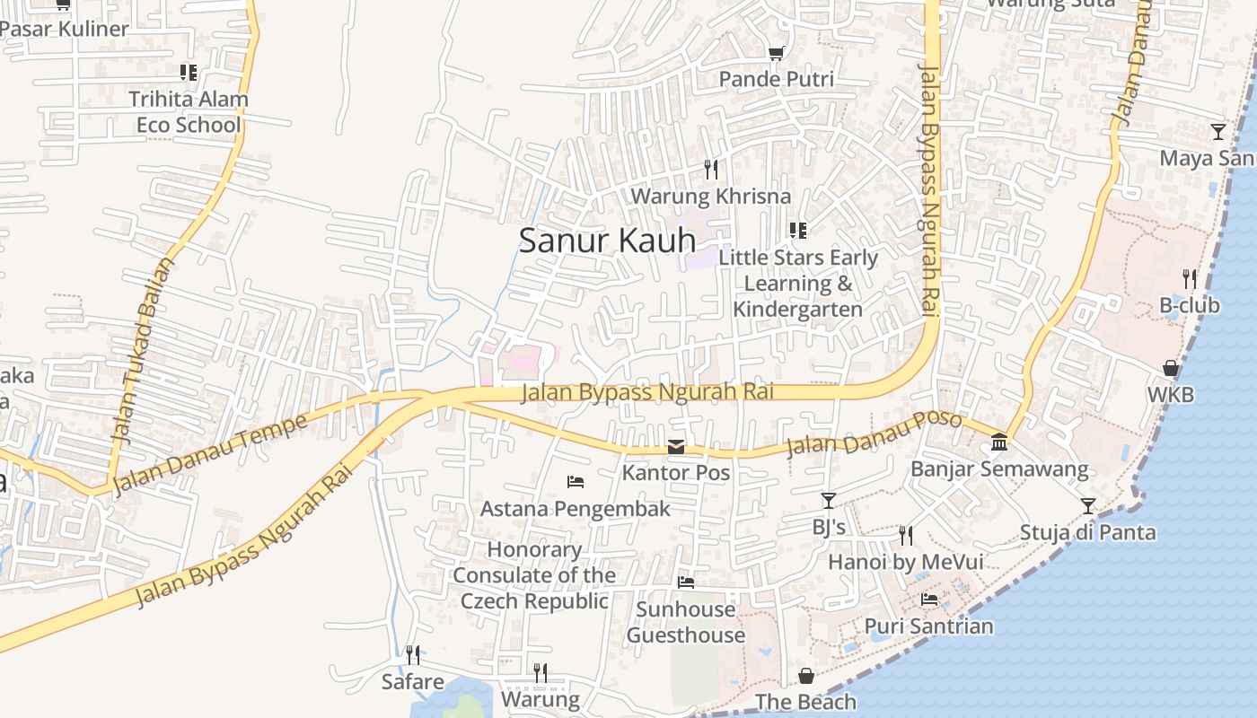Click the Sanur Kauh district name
click(607, 241)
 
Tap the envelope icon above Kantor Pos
click(676, 447)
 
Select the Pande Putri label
click(776, 79)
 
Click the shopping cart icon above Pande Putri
click(776, 54)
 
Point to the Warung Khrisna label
click(711, 196)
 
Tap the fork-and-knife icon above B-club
click(1190, 279)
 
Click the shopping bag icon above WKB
click(1171, 368)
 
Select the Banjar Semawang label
click(999, 468)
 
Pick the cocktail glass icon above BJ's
click(829, 501)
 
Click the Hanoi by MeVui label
click(905, 562)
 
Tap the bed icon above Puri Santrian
click(929, 600)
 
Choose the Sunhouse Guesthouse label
click(686, 622)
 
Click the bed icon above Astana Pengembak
click(576, 482)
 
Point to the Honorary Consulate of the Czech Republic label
click(534, 575)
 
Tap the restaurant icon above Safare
click(413, 655)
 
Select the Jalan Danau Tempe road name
click(212, 452)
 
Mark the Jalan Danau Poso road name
click(874, 433)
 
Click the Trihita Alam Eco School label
click(189, 111)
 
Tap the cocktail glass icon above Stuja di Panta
click(1088, 506)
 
